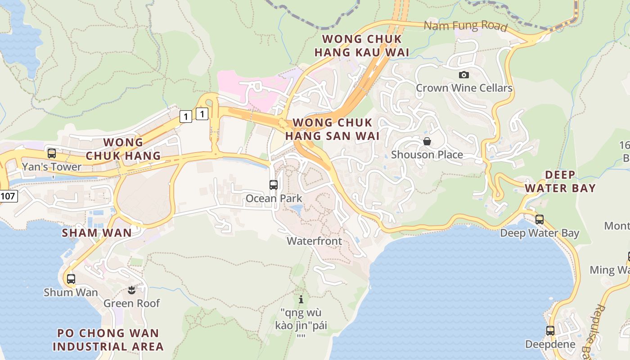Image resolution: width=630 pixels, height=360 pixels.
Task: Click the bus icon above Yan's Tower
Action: (x=52, y=153)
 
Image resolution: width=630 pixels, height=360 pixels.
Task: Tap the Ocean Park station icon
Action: (x=274, y=184)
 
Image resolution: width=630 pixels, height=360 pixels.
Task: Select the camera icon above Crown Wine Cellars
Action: (x=463, y=75)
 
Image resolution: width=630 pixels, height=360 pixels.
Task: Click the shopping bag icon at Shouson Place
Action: (x=427, y=142)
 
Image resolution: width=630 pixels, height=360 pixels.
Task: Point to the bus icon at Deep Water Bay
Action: (x=539, y=220)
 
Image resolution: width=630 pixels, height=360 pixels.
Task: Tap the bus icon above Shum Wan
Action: (x=71, y=279)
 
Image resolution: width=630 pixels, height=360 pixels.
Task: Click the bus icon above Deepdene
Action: (x=550, y=331)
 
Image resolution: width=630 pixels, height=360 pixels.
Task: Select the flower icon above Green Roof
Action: (x=131, y=290)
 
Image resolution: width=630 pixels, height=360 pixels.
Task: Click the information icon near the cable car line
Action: (x=301, y=299)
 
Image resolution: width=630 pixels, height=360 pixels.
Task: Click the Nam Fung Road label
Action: (x=466, y=26)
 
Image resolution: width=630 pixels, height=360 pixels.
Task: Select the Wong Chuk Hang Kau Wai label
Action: (x=362, y=46)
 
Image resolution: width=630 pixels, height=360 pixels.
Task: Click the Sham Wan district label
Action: (x=97, y=233)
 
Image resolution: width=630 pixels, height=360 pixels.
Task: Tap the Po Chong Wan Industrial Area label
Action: (x=108, y=340)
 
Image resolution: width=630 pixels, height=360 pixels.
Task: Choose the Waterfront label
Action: (x=315, y=241)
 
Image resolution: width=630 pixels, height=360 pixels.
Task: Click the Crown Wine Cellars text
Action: (x=464, y=88)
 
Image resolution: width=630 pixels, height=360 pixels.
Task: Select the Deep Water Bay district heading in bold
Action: (x=560, y=181)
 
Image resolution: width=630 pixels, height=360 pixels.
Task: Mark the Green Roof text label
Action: (x=131, y=303)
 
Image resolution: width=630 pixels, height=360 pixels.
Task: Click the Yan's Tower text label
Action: (x=52, y=167)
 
